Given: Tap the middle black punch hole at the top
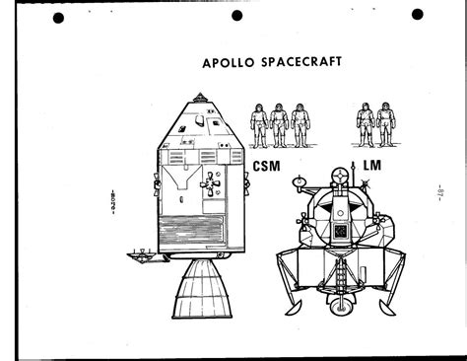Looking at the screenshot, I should click(x=245, y=15).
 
